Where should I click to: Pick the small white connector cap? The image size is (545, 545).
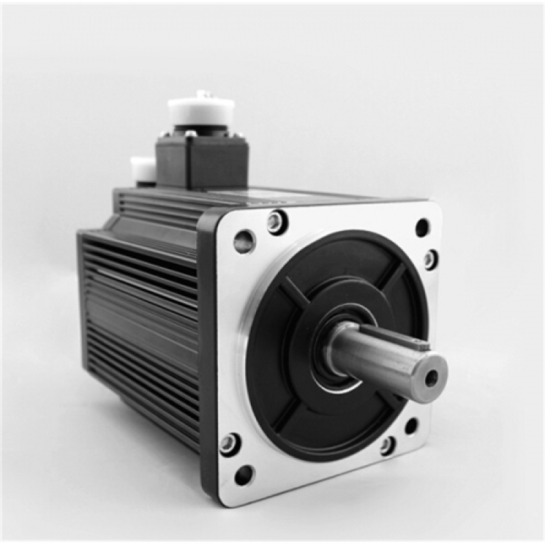coord(142,168)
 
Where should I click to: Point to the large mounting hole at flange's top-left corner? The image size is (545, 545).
coord(243,240)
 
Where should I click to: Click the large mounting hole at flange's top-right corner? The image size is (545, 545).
coord(422,228)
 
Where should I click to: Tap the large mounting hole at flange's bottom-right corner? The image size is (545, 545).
coord(411,426)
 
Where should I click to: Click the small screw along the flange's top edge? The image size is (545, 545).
coord(276,221)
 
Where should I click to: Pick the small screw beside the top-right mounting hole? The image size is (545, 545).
coord(430,259)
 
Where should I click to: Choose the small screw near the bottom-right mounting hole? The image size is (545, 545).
coord(388,446)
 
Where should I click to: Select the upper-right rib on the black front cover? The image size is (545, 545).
coord(393,275)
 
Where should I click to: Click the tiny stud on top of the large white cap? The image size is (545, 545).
coord(201,93)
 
